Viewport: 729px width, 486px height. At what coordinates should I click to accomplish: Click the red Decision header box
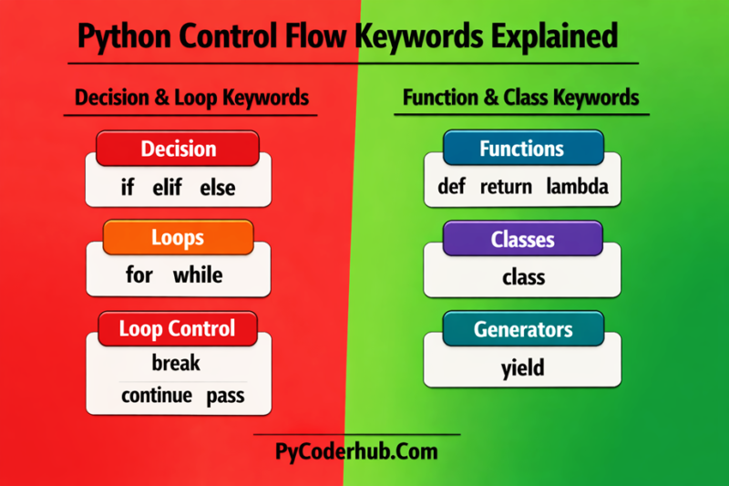pyautogui.click(x=178, y=149)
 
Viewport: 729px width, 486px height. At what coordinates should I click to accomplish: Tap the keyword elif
pyautogui.click(x=167, y=189)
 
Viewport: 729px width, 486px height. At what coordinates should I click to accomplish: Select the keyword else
pyautogui.click(x=219, y=189)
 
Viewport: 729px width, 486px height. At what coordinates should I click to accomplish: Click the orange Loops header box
pyautogui.click(x=178, y=238)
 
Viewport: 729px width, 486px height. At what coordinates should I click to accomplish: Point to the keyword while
pyautogui.click(x=198, y=274)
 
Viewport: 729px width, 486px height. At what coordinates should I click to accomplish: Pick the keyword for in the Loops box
pyautogui.click(x=139, y=274)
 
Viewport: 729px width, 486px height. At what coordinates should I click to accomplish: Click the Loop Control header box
pyautogui.click(x=178, y=328)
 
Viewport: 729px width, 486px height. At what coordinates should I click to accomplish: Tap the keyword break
pyautogui.click(x=176, y=363)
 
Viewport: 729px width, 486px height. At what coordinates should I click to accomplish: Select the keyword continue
pyautogui.click(x=156, y=396)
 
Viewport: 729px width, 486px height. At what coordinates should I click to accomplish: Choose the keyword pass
pyautogui.click(x=225, y=396)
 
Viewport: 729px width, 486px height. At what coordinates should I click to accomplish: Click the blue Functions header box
pyautogui.click(x=522, y=149)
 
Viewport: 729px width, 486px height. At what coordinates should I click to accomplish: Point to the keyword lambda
pyautogui.click(x=577, y=188)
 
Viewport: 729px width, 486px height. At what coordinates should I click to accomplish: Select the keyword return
pyautogui.click(x=506, y=188)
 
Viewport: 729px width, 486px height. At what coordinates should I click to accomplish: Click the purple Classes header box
pyautogui.click(x=522, y=240)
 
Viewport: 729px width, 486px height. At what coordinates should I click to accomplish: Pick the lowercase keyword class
pyautogui.click(x=523, y=277)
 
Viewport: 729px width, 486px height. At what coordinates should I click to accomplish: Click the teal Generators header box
pyautogui.click(x=522, y=329)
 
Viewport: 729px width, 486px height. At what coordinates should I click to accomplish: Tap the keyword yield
pyautogui.click(x=523, y=368)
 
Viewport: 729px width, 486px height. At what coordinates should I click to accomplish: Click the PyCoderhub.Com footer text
pyautogui.click(x=356, y=451)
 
